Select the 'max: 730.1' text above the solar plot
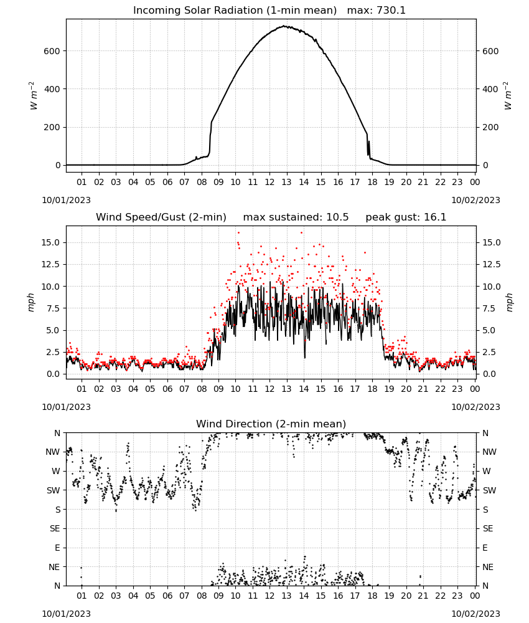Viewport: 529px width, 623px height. click(x=377, y=11)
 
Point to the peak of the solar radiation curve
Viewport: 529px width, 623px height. click(x=284, y=26)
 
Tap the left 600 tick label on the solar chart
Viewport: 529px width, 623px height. click(x=52, y=51)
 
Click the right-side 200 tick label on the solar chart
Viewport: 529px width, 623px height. click(x=490, y=128)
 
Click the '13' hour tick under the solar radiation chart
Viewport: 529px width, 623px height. click(x=286, y=182)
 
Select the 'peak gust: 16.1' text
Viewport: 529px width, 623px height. click(x=406, y=217)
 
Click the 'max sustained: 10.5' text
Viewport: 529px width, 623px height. click(x=296, y=217)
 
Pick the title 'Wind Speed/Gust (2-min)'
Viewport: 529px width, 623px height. click(x=161, y=217)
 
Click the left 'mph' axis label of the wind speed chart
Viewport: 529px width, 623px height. click(x=31, y=302)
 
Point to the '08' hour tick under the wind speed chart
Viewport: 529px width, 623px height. click(x=202, y=389)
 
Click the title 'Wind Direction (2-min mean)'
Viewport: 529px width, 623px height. click(x=271, y=424)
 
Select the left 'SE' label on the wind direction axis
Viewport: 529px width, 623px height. click(x=55, y=528)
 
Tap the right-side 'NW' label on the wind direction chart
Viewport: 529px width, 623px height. click(x=489, y=452)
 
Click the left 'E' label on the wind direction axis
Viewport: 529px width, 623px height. click(x=57, y=548)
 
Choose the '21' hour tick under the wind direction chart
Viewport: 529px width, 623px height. click(x=423, y=596)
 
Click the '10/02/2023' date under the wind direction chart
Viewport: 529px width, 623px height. click(x=475, y=614)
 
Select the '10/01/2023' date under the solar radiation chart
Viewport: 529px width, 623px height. click(x=66, y=200)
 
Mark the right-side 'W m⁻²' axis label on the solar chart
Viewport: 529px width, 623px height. click(x=508, y=96)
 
